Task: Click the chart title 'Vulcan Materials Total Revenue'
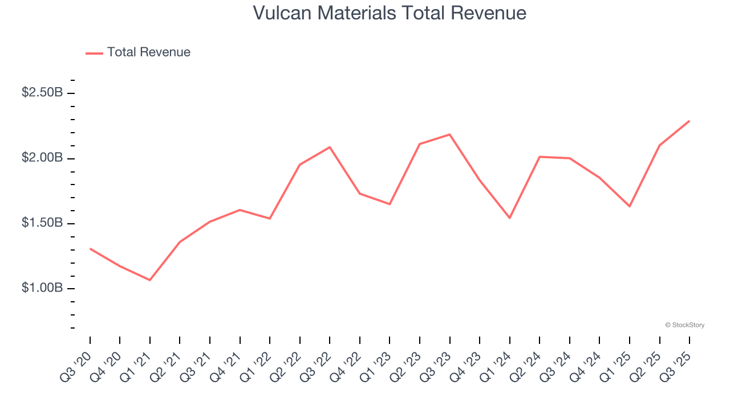pos(390,13)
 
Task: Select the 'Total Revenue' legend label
pos(148,52)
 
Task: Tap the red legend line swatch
pos(95,53)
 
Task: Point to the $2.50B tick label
pos(42,92)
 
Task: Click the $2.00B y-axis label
pos(42,158)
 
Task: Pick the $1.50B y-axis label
pos(42,223)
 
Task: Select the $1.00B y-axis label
pos(42,288)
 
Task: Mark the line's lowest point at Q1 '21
pos(150,280)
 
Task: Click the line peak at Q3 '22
pos(330,147)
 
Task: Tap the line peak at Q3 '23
pos(449,134)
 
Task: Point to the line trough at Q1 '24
pos(509,218)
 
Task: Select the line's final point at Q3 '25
pos(689,121)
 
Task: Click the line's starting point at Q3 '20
pos(90,249)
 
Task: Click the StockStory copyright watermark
pos(684,325)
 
